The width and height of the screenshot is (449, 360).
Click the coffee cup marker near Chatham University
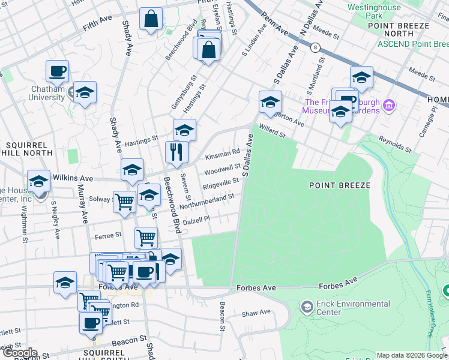58,71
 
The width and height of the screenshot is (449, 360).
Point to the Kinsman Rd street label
223,155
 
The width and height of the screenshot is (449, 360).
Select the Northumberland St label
206,199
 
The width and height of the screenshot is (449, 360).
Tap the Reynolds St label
394,144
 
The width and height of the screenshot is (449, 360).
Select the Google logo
20,353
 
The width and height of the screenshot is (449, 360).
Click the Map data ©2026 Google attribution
411,355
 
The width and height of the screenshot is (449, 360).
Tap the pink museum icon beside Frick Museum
388,106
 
